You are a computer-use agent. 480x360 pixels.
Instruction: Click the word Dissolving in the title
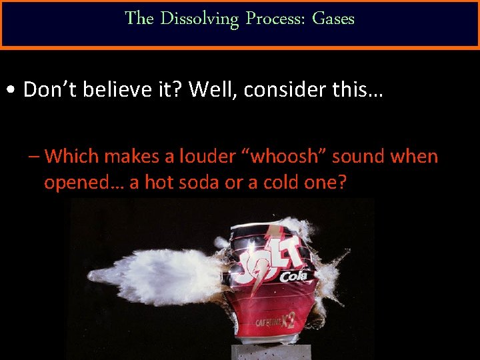pyautogui.click(x=199, y=19)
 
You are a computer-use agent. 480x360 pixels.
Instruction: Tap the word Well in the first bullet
pyautogui.click(x=211, y=89)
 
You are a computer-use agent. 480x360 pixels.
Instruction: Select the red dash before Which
pyautogui.click(x=34, y=157)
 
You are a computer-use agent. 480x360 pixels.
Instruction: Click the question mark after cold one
pyautogui.click(x=342, y=182)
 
